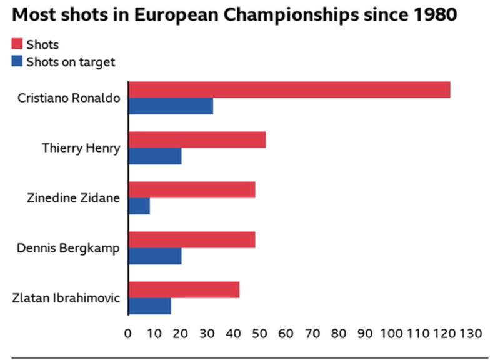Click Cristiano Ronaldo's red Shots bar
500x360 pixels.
289,89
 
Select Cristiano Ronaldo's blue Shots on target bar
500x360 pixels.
171,106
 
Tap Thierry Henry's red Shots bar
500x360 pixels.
197,139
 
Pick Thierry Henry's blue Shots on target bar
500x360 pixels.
155,156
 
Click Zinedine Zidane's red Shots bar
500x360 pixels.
192,189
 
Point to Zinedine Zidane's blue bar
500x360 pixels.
139,206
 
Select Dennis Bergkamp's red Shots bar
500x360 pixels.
192,239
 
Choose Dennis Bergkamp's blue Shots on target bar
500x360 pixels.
155,256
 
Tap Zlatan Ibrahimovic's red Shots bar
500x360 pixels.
184,289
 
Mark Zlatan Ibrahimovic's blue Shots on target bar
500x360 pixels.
149,306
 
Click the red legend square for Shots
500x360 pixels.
17,44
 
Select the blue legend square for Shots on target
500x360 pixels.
17,61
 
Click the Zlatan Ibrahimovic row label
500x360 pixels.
66,297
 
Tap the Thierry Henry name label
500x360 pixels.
81,148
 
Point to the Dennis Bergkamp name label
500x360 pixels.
69,248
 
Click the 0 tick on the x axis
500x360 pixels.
128,333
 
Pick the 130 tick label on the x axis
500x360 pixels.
471,333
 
